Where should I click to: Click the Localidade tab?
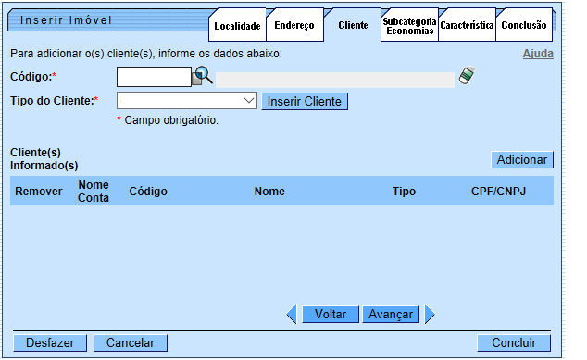pos(237,26)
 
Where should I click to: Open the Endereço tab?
pos(294,26)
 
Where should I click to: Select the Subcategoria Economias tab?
pos(409,26)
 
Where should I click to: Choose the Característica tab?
pos(467,26)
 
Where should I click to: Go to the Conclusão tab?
pos(524,26)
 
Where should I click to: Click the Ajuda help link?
pos(538,54)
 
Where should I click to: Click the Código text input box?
pos(154,78)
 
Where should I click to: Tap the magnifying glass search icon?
pos(203,78)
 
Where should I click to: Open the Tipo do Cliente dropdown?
pos(187,101)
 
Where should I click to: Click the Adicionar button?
pos(522,159)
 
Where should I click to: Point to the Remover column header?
pos(39,191)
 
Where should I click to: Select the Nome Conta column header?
pos(94,191)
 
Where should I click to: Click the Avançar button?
pos(391,315)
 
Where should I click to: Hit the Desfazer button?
pos(50,343)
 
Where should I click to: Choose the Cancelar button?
pos(131,343)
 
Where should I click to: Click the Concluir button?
pos(514,343)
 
